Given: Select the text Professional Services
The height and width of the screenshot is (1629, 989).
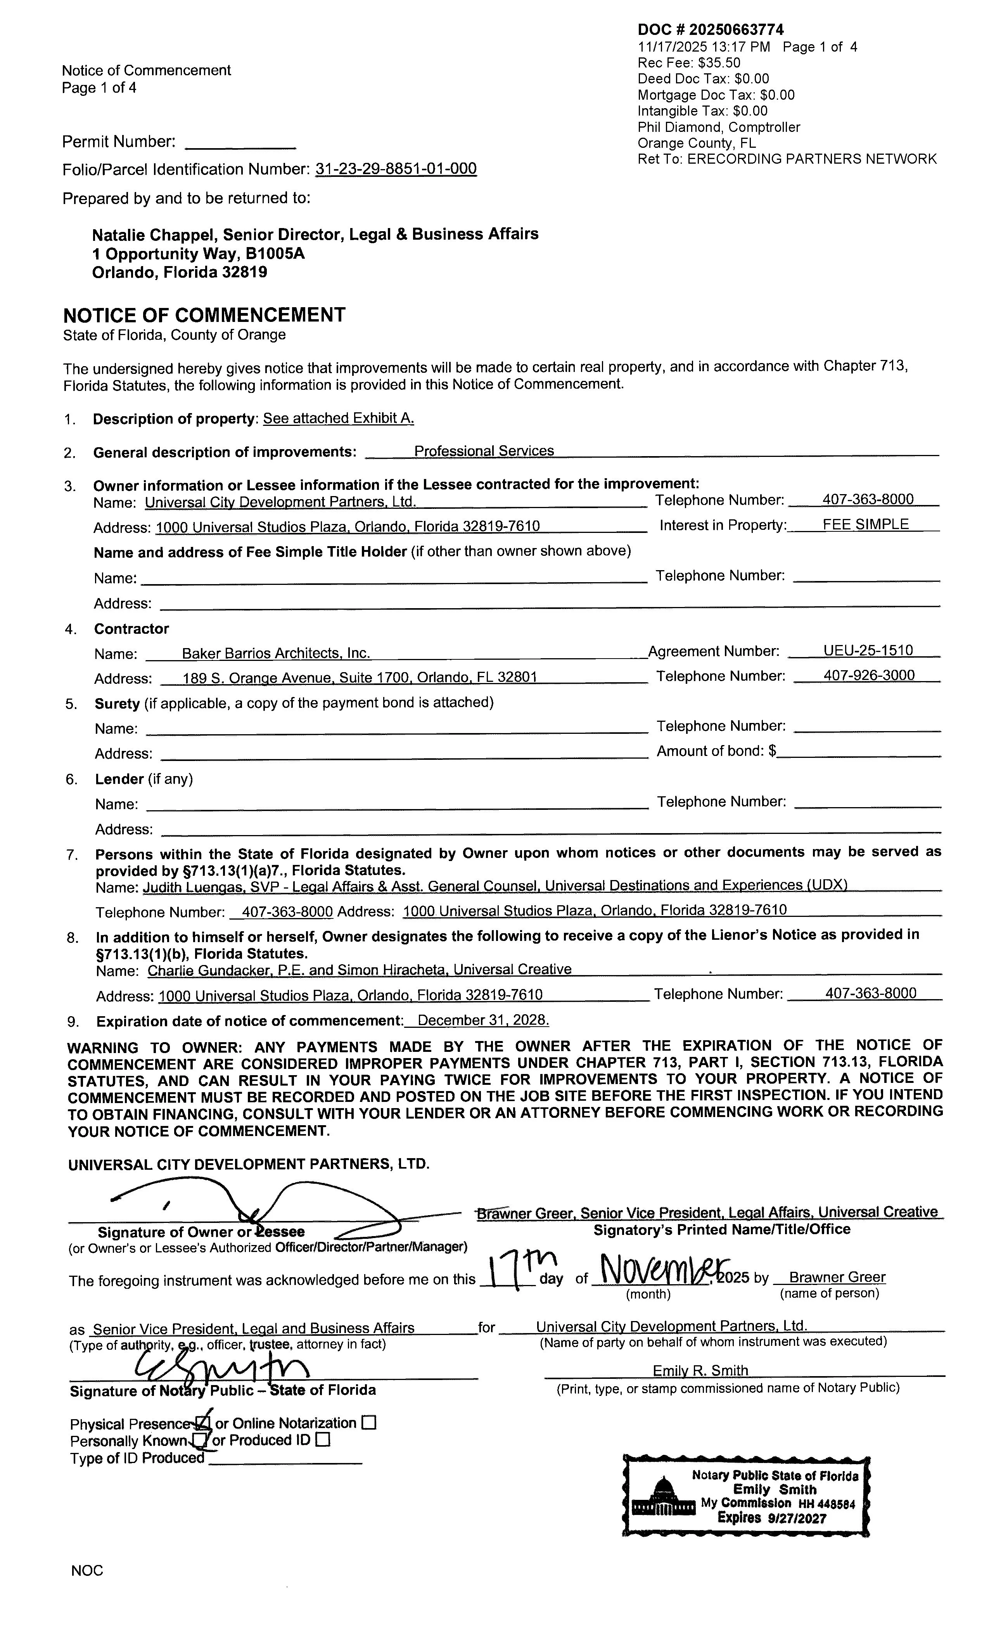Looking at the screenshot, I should coord(484,451).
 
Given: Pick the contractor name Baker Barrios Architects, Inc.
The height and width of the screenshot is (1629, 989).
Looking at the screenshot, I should coord(276,653).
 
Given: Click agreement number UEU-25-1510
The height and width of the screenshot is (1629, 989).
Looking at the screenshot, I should coord(868,650).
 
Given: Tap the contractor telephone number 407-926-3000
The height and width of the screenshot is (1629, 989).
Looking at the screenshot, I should coord(869,675).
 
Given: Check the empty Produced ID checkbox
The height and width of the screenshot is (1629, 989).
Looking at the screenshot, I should coord(323,1440).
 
